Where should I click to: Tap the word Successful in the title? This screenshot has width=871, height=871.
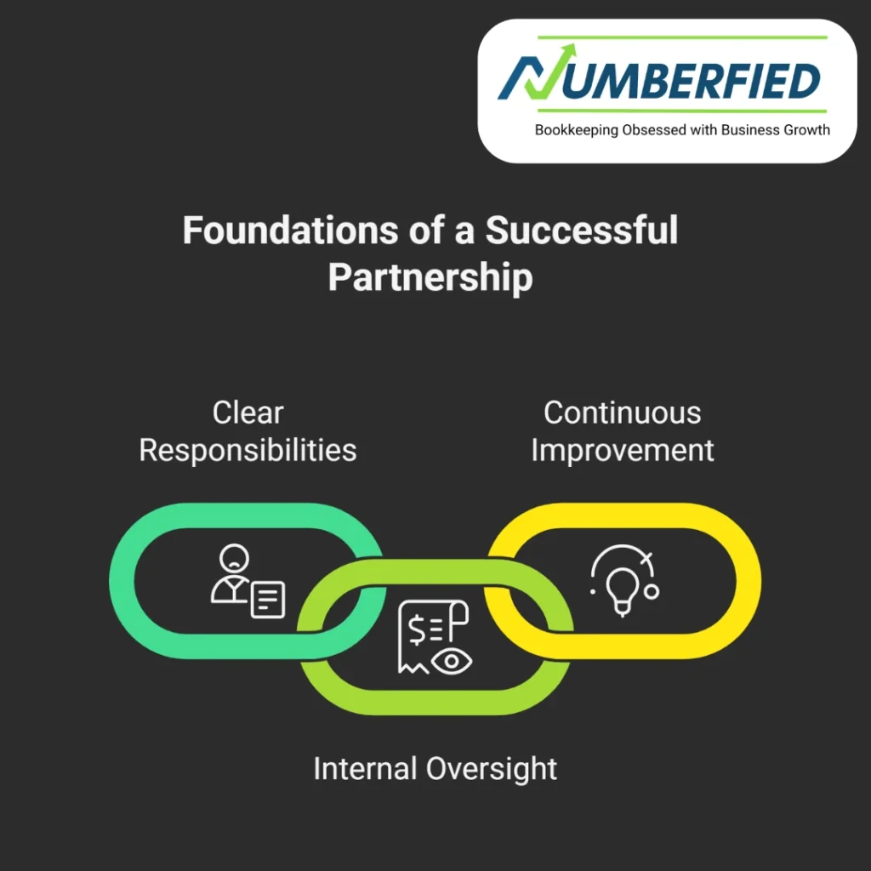[x=582, y=231]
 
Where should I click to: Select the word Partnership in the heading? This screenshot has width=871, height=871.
[x=430, y=277]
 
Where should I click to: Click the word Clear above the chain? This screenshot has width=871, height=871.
[x=248, y=413]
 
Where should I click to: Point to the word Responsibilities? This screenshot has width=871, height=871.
[x=248, y=450]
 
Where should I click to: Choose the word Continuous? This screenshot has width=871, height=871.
[x=622, y=413]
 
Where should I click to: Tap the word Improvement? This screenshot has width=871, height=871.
[x=622, y=450]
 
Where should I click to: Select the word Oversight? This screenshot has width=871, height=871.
[x=492, y=769]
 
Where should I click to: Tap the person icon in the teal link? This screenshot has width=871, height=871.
[x=231, y=574]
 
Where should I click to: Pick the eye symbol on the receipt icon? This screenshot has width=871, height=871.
[x=452, y=661]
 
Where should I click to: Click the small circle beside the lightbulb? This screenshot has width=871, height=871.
[x=652, y=590]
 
